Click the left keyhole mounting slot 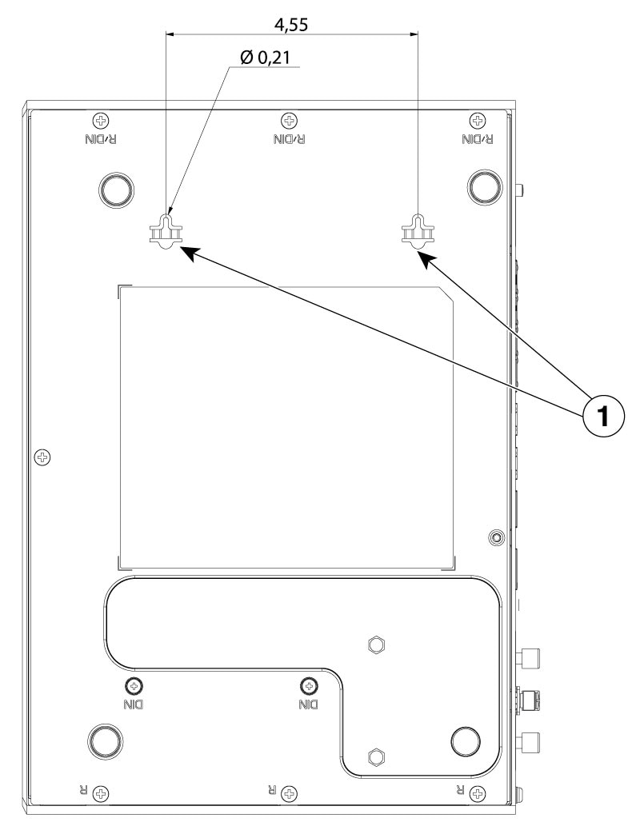click(166, 230)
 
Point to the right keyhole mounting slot click(417, 230)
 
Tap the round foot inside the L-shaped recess click(467, 742)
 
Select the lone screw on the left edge click(43, 457)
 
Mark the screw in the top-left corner click(101, 121)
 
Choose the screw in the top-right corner click(478, 121)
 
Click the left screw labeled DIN click(134, 685)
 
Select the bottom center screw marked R click(290, 793)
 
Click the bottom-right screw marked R click(478, 793)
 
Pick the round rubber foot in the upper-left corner click(114, 187)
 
